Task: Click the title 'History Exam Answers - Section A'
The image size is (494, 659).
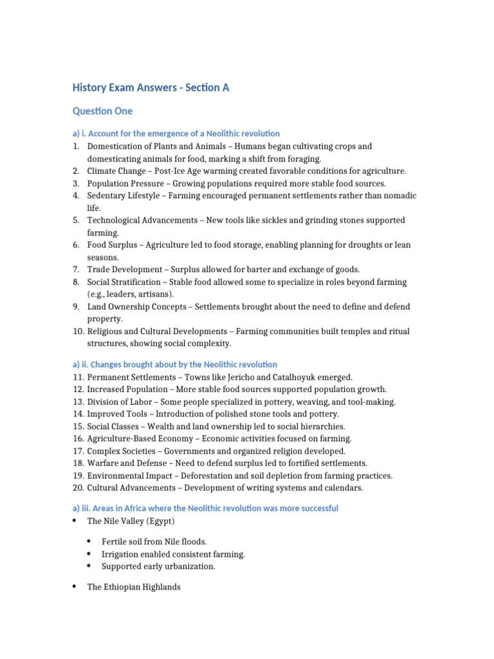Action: pos(151,88)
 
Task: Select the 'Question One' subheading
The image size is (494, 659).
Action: pos(102,111)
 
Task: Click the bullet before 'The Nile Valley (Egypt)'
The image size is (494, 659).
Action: pos(75,521)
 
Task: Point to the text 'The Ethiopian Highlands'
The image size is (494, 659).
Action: pos(134,587)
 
